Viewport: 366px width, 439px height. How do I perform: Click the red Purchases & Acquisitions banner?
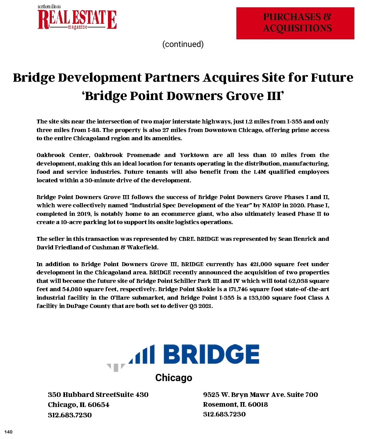pyautogui.click(x=295, y=23)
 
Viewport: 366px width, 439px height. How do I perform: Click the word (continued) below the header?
pyautogui.click(x=183, y=44)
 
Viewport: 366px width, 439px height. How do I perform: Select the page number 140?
pyautogui.click(x=9, y=432)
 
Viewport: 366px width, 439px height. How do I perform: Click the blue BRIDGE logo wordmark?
pyautogui.click(x=211, y=354)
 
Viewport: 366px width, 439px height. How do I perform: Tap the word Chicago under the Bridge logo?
pyautogui.click(x=174, y=378)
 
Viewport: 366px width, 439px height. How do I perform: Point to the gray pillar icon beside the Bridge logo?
pyautogui.click(x=116, y=367)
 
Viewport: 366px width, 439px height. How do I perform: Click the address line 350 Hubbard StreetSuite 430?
pyautogui.click(x=98, y=394)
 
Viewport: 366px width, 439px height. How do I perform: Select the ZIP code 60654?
pyautogui.click(x=99, y=405)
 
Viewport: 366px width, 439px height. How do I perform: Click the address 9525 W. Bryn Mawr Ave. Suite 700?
pyautogui.click(x=260, y=394)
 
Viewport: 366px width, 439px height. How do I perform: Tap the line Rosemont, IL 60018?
pyautogui.click(x=235, y=404)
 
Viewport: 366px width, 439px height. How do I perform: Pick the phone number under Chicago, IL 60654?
pyautogui.click(x=70, y=415)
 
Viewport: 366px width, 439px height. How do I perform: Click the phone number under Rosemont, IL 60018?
pyautogui.click(x=224, y=414)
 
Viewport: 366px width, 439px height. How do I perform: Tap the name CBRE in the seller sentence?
pyautogui.click(x=186, y=239)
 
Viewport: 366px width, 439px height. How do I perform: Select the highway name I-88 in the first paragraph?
pyautogui.click(x=94, y=130)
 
